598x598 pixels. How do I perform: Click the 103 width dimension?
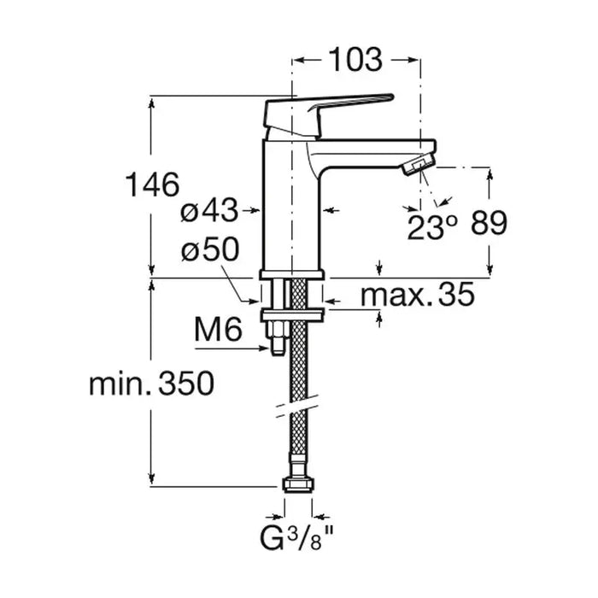click(355, 60)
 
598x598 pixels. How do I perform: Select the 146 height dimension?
click(152, 185)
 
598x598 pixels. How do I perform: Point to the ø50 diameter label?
click(210, 249)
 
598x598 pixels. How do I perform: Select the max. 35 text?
click(418, 295)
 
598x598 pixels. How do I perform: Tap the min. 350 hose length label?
click(151, 384)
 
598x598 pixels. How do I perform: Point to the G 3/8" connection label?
click(293, 538)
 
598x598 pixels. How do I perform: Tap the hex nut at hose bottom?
click(299, 484)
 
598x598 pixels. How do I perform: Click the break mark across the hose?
click(297, 406)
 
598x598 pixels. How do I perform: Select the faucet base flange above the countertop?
click(292, 274)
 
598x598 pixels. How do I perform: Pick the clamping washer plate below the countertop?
click(292, 315)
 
